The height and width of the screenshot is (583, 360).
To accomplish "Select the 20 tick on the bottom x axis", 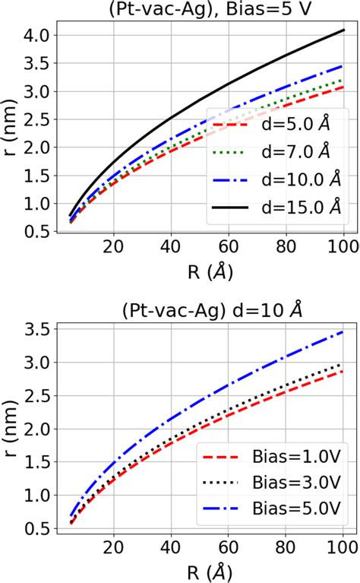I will point(113,545).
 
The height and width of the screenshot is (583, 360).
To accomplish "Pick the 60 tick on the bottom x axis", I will point(229,545).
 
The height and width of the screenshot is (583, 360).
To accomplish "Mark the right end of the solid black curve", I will point(343,30).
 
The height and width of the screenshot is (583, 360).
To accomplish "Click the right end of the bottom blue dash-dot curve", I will point(343,331).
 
